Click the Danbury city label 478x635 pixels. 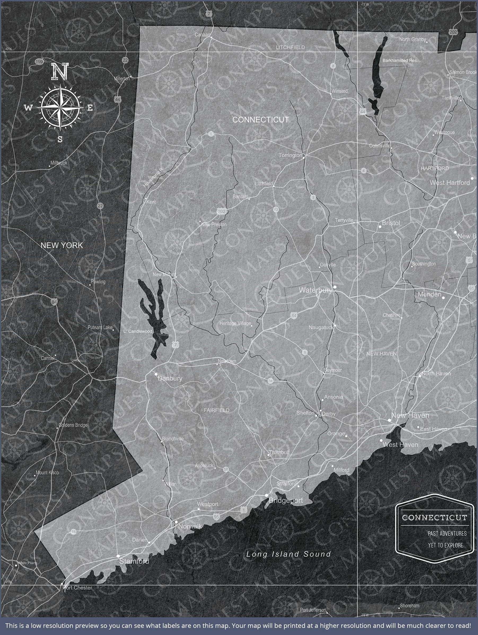(x=170, y=378)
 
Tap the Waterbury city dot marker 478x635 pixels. (x=335, y=287)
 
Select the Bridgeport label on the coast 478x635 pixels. (x=286, y=500)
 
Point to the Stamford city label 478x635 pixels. (x=134, y=561)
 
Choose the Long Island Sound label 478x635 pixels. (x=289, y=554)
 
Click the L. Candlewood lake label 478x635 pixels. (x=138, y=331)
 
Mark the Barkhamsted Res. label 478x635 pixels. (x=400, y=60)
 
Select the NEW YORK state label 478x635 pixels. (x=62, y=245)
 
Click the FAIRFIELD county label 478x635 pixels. (x=217, y=410)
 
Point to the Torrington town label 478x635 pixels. (x=290, y=155)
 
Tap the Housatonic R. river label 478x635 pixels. (x=153, y=178)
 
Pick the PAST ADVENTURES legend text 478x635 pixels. (x=447, y=533)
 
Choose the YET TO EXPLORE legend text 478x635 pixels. (x=446, y=545)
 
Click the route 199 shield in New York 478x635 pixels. (x=39, y=62)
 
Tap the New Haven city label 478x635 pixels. (x=410, y=415)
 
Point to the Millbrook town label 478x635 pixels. (x=59, y=163)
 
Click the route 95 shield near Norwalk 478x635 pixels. (x=216, y=517)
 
